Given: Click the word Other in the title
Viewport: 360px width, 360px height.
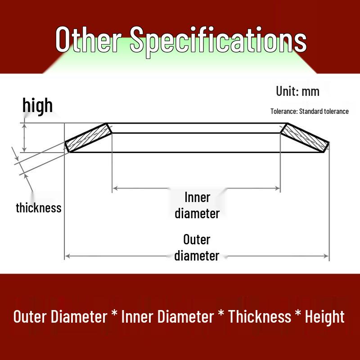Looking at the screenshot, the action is click(x=88, y=39).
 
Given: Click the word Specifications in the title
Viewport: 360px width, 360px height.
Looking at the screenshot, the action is click(x=218, y=41).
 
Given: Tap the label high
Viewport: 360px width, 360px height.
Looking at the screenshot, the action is click(x=37, y=105).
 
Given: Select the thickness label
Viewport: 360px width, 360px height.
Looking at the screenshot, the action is click(x=39, y=208).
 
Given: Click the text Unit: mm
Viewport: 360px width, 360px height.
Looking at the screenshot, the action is click(x=297, y=91).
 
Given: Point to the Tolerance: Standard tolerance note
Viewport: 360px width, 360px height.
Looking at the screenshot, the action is click(x=310, y=111).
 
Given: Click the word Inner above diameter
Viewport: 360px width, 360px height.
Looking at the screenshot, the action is click(x=197, y=198).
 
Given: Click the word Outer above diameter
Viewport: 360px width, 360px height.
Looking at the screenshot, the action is click(x=197, y=240).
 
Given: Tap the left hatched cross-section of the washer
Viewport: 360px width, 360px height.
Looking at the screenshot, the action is click(x=88, y=138).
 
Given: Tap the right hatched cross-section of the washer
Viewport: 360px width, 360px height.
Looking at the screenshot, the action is click(x=305, y=138).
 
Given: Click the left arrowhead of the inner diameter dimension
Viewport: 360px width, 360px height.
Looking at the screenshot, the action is click(x=115, y=188).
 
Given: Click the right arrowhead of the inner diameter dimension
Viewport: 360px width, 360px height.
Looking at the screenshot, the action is click(x=277, y=189).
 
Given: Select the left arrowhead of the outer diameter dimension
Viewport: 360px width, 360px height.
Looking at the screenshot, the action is click(x=67, y=256).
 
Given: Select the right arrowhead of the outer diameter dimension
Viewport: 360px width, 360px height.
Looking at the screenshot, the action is click(x=326, y=256).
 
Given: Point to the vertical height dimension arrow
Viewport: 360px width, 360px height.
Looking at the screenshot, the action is click(x=24, y=138).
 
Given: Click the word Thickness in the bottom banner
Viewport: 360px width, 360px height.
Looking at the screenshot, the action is click(x=260, y=317).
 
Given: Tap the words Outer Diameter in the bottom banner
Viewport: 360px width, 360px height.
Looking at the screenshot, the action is click(x=60, y=317).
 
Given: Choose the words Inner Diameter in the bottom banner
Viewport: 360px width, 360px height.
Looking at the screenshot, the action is click(x=167, y=317).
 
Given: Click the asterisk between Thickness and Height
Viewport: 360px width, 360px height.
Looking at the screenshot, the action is click(x=298, y=313).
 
